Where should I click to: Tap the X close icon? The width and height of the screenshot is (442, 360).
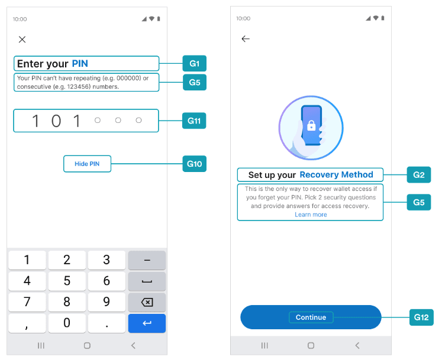point(22,40)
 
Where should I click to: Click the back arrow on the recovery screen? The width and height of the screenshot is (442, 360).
point(246,38)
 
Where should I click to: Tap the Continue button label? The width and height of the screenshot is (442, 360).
point(311,317)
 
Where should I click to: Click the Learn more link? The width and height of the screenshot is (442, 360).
point(311,215)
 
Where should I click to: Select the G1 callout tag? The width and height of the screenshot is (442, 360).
point(194,63)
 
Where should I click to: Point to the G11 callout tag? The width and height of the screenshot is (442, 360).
point(194,121)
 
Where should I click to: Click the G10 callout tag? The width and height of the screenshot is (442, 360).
point(194,164)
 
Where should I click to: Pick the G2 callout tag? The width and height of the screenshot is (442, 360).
point(418,174)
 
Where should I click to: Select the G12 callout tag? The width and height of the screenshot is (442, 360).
point(421,317)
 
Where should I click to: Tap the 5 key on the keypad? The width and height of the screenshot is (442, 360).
point(67,281)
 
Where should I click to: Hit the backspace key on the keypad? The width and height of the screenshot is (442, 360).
point(147,302)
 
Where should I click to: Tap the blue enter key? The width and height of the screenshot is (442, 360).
point(147,323)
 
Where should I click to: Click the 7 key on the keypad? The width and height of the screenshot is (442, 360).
point(27,302)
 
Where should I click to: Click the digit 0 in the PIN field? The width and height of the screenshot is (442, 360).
point(56,121)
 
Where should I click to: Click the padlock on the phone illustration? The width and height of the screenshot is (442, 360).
point(311,125)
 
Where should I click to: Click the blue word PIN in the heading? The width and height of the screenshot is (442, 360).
point(80,63)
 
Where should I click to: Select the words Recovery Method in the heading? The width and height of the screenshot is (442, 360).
point(336,174)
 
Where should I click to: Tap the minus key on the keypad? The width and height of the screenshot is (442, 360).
point(147,260)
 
